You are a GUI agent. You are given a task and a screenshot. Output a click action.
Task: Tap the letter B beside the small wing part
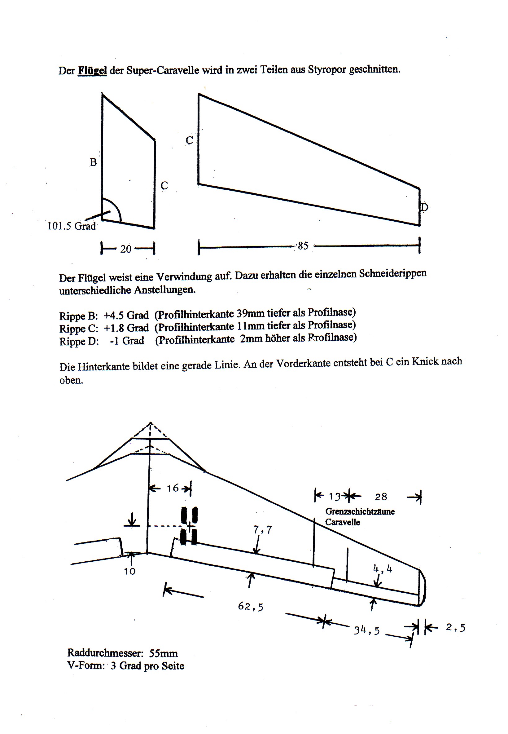tap(93, 162)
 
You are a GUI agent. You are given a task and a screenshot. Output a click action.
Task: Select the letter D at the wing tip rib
tap(424, 207)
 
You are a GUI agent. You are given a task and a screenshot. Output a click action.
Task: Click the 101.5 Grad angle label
tap(72, 226)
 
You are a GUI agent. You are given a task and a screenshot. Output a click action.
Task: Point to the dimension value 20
tap(126, 249)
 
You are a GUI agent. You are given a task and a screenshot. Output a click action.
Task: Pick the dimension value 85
tap(303, 246)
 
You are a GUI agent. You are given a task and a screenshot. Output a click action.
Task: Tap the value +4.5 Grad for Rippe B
tap(126, 315)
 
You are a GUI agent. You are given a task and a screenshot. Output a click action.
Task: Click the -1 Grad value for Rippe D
tap(127, 341)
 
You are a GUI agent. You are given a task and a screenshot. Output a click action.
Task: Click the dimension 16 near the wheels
tap(173, 488)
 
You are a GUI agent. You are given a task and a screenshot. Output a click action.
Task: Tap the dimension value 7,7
tap(262, 529)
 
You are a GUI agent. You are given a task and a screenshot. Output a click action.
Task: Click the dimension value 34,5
tap(367, 630)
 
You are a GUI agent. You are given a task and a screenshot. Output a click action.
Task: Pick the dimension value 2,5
tap(455, 627)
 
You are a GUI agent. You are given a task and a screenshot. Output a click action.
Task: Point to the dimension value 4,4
tap(382, 569)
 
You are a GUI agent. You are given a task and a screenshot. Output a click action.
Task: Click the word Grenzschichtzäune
tap(360, 512)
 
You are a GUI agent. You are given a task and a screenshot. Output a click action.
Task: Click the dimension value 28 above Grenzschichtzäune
tap(381, 497)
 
